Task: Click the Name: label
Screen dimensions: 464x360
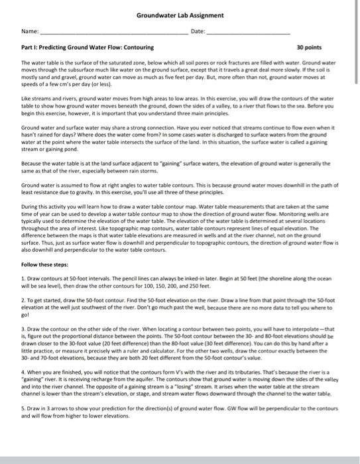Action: point(30,32)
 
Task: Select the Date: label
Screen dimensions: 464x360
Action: point(198,32)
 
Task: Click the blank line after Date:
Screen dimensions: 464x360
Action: point(252,32)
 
